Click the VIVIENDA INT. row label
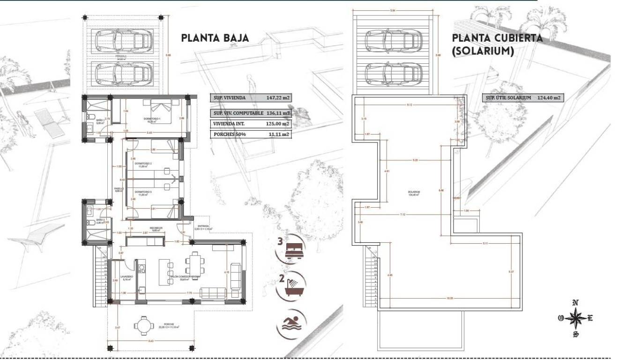229,124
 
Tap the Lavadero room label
127,277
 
